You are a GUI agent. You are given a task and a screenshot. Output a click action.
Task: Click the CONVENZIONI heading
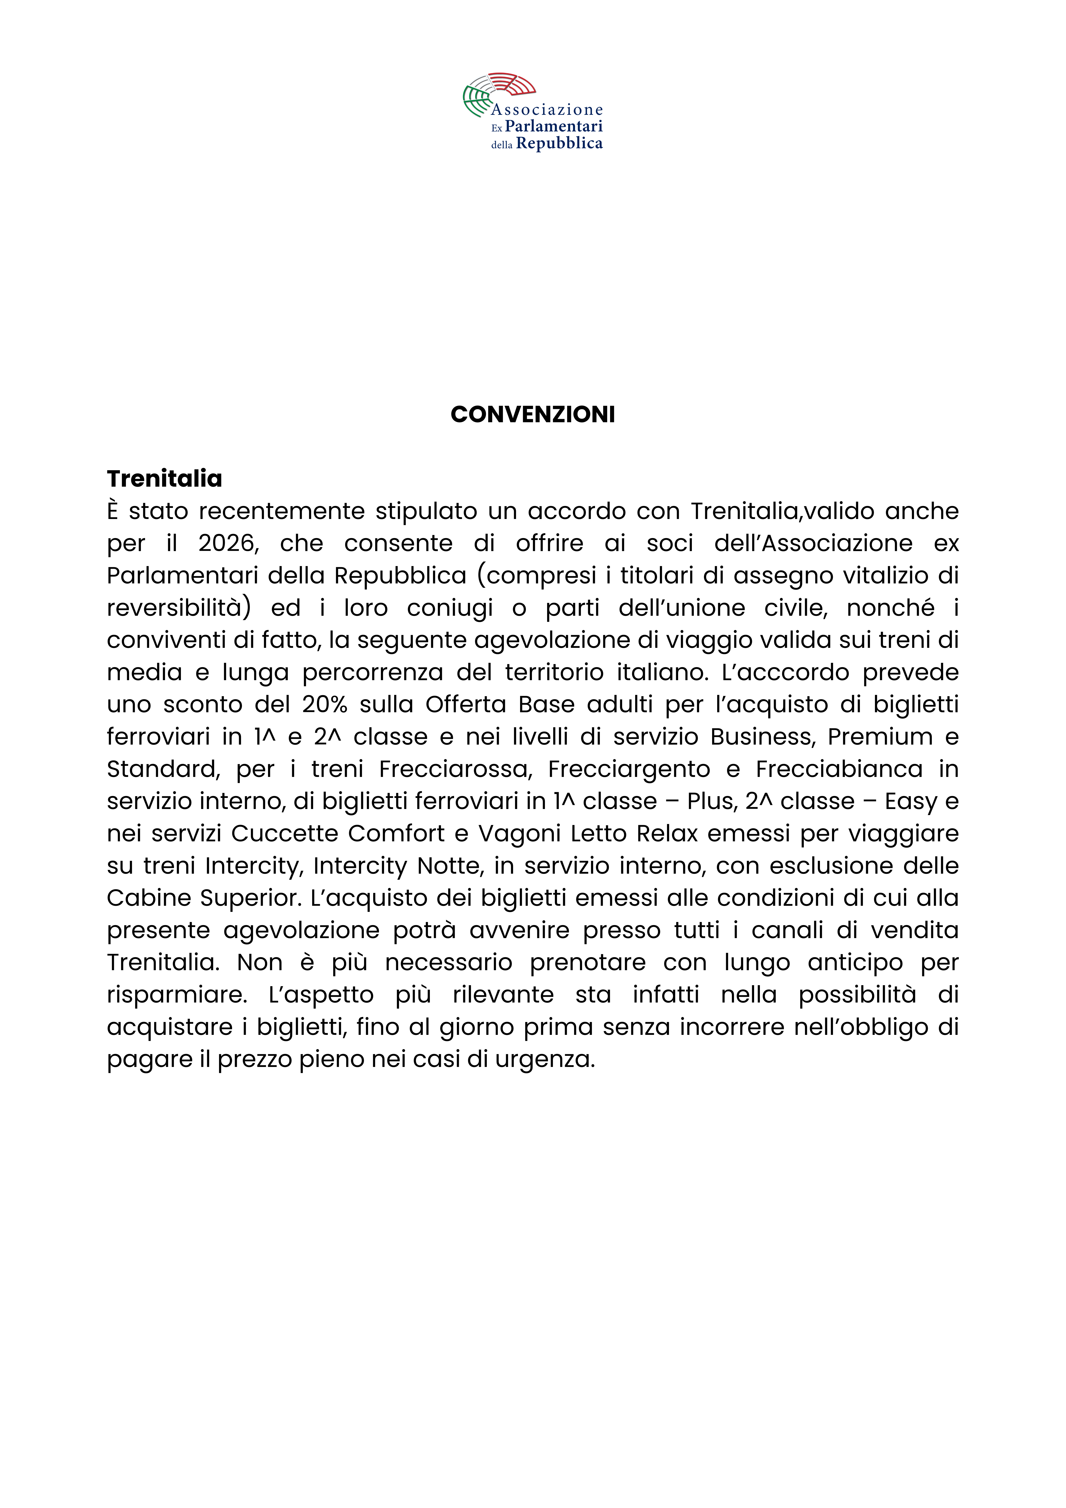(x=533, y=415)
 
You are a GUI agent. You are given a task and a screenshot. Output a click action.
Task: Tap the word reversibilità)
(x=179, y=608)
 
